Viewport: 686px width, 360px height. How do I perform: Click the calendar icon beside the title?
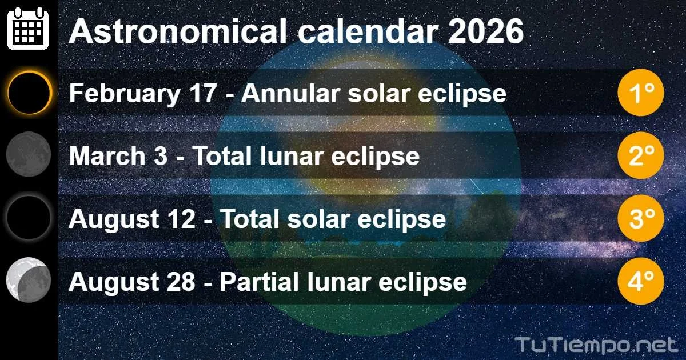coord(28,29)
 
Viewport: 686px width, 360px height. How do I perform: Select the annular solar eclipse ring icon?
coord(29,92)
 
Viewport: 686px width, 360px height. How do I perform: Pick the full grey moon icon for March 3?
coord(29,154)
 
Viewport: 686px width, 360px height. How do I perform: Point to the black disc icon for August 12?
coord(29,217)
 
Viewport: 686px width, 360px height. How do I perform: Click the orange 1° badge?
coord(640,93)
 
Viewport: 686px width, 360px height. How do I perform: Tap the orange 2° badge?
coord(640,155)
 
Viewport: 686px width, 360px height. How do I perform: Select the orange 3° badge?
coord(640,218)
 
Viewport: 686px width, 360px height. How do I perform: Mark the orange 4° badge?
coord(640,281)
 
